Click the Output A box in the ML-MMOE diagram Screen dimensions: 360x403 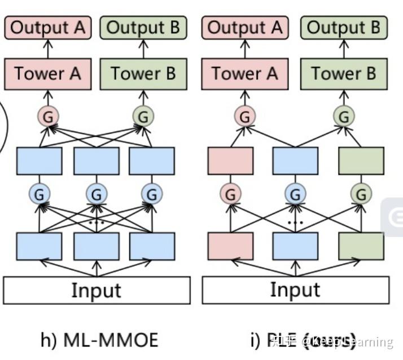[47, 28]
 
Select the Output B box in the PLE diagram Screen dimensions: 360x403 [343, 28]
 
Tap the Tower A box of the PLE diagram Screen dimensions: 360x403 [244, 73]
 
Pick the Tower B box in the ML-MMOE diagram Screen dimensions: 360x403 [143, 73]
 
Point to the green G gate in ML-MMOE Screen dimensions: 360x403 [143, 117]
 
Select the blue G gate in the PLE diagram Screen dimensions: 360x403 [295, 194]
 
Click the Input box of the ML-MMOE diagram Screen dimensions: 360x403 [97, 290]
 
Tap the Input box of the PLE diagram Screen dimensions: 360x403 [295, 290]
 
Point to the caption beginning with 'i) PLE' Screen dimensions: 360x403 [302, 340]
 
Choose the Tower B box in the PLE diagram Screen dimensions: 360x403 [343, 73]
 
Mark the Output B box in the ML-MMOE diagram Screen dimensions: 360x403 [143, 28]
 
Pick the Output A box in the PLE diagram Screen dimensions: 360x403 [244, 28]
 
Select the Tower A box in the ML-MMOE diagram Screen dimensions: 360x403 [47, 73]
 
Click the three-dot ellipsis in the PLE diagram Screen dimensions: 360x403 [295, 222]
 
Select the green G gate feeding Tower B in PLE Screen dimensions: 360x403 [343, 117]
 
